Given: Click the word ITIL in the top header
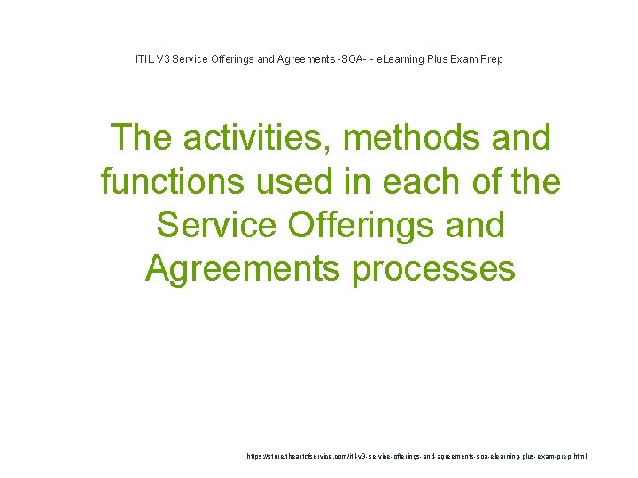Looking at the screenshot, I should tap(143, 59).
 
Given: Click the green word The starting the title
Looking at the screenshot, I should tap(143, 139).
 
